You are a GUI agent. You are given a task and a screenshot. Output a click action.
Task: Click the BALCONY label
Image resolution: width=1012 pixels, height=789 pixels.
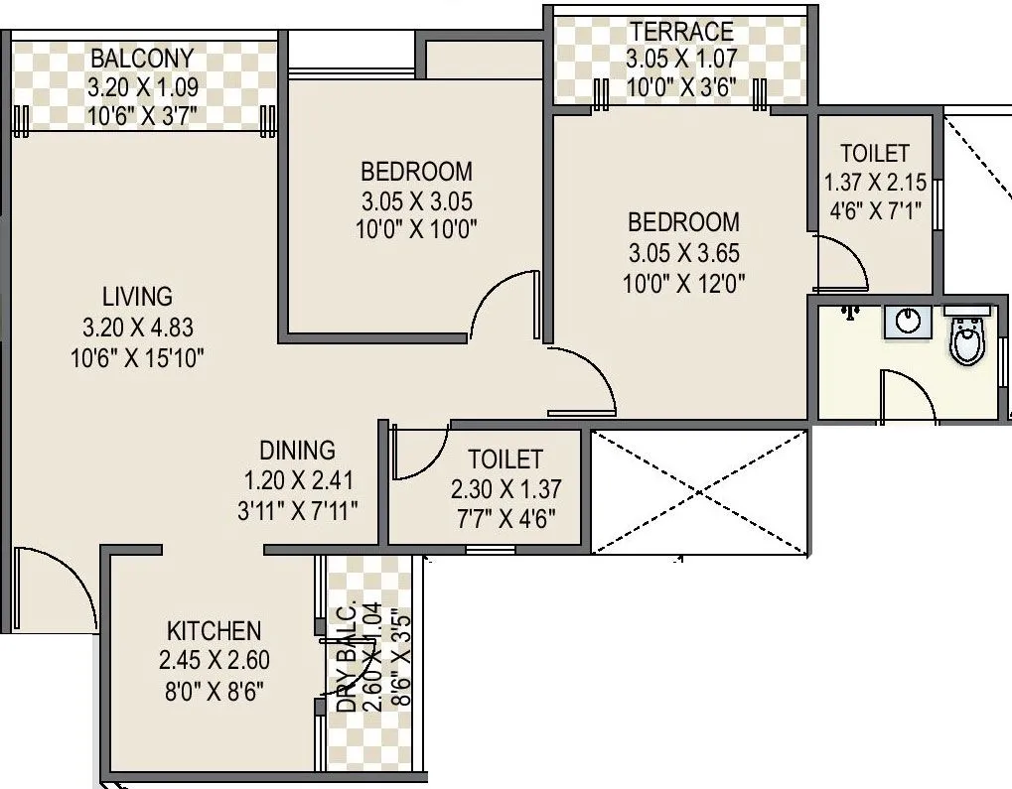[142, 58]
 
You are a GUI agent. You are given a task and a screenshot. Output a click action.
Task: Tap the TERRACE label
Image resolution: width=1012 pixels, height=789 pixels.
[680, 32]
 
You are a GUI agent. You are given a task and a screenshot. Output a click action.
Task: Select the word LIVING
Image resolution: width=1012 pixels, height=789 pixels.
[137, 296]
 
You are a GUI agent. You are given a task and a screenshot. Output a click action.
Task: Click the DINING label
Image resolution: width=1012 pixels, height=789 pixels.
[298, 450]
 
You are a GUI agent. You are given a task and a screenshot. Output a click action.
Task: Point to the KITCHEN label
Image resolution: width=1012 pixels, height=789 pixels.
[214, 630]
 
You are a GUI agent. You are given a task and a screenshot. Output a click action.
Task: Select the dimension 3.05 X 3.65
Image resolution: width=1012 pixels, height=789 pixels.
[683, 253]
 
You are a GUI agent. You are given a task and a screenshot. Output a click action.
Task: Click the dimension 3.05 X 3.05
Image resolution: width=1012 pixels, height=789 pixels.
[416, 200]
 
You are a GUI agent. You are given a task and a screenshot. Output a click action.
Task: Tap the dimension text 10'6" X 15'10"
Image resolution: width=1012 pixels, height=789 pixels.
[138, 358]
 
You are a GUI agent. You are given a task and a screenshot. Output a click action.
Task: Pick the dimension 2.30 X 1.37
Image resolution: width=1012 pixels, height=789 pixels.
[506, 489]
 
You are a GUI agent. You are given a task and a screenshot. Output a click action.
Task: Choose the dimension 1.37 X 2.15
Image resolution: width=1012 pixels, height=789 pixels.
[875, 184]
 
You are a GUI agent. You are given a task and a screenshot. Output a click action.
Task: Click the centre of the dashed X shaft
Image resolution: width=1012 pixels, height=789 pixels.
[700, 491]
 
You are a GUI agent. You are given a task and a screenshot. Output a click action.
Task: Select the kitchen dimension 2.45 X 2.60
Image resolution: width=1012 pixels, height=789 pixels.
[214, 660]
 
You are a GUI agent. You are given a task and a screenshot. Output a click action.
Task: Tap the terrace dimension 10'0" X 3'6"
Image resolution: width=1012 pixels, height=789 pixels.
[680, 85]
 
